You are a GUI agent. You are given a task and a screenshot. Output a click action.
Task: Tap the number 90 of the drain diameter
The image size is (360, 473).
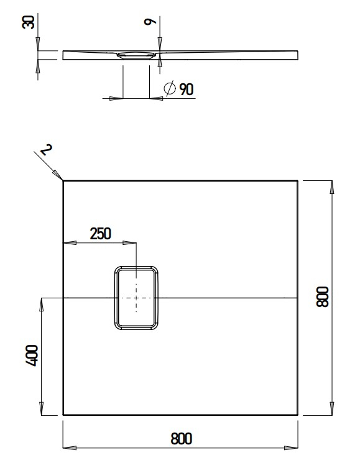click(x=186, y=90)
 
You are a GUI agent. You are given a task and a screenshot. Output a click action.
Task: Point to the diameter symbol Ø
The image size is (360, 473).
click(x=169, y=90)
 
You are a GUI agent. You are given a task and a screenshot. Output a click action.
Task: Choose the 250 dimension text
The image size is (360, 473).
click(x=100, y=234)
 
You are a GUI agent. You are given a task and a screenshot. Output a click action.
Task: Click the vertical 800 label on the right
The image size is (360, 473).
click(x=322, y=297)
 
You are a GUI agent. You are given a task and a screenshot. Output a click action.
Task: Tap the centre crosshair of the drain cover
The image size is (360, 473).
click(x=136, y=298)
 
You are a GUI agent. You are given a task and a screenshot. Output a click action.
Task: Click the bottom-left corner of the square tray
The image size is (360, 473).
click(x=63, y=415)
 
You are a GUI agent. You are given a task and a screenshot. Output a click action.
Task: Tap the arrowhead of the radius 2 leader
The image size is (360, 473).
click(x=60, y=177)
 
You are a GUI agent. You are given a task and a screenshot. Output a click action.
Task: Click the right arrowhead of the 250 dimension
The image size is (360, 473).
click(x=132, y=242)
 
